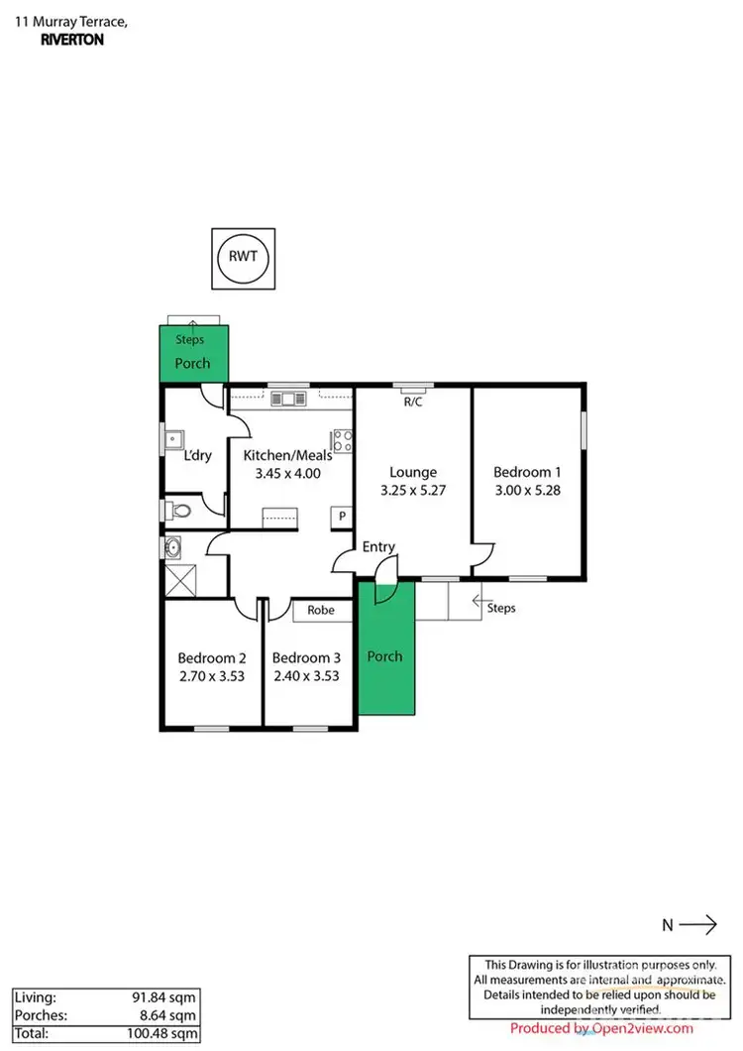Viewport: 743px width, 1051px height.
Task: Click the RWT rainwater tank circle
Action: pos(243,256)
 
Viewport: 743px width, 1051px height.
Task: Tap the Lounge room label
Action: pos(412,472)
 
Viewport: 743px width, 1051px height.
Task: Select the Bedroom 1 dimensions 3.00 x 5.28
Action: pos(528,490)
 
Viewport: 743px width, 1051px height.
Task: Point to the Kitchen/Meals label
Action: pos(287,455)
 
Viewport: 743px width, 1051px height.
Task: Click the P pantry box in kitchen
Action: pos(343,517)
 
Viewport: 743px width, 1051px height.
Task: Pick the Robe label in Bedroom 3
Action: pos(320,611)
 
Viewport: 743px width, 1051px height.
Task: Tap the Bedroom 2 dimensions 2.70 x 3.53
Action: pos(211,676)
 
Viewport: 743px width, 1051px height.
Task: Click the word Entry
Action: pos(378,546)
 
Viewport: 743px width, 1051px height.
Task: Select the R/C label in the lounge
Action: pos(412,402)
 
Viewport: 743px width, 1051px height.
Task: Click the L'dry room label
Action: pos(198,456)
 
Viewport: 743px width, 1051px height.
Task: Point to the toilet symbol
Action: pos(178,511)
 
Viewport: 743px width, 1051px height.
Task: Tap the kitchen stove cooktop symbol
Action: pos(343,440)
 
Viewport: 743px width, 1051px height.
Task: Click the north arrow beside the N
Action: pos(699,925)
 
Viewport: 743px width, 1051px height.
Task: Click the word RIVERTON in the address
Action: pos(72,41)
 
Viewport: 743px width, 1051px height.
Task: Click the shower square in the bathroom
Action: pos(181,578)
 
